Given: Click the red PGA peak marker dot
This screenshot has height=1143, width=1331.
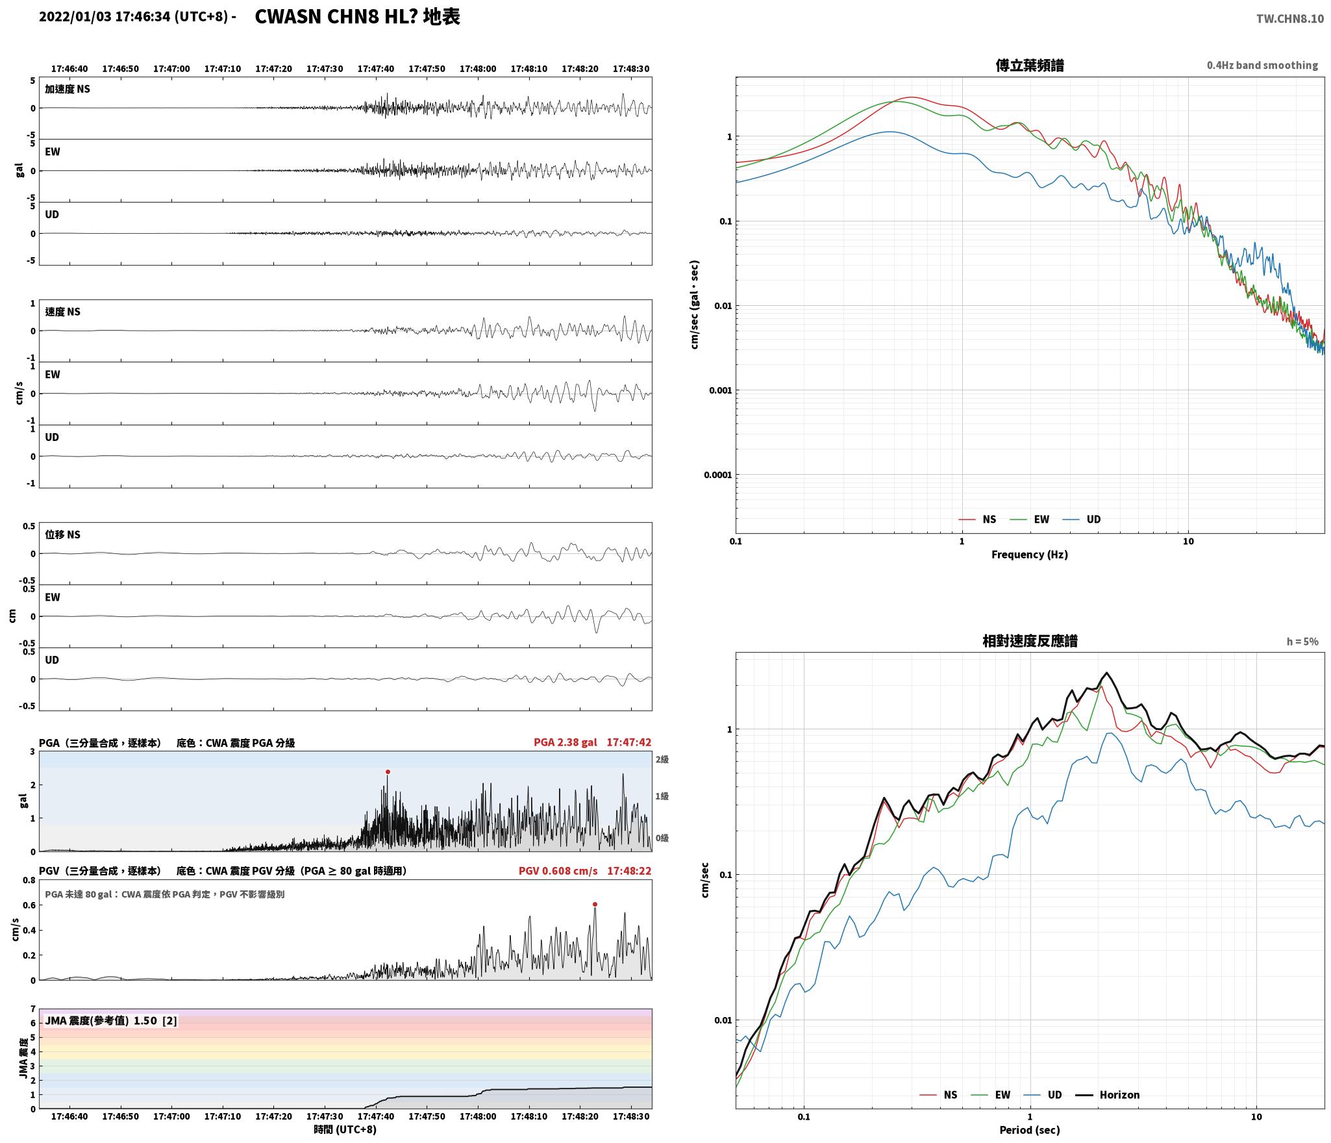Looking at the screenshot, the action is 388,772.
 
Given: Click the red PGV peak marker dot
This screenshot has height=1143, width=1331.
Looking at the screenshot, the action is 595,904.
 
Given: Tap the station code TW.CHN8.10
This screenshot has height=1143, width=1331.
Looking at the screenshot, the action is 1289,19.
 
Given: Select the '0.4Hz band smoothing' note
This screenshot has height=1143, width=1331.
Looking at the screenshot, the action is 1262,66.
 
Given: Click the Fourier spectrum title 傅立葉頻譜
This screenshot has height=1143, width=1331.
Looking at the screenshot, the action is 1030,66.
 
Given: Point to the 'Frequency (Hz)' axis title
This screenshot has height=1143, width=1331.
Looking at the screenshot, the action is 1029,554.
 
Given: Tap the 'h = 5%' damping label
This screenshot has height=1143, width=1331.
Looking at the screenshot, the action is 1302,642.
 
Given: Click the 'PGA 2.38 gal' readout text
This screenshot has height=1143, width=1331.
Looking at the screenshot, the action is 565,742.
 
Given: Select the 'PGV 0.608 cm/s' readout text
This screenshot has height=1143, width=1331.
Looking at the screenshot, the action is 558,870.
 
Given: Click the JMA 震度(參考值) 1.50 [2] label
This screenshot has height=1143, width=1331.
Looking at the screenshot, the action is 110,1020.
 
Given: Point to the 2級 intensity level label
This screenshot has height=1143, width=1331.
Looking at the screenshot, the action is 662,759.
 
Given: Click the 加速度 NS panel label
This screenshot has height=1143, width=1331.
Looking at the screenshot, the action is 68,89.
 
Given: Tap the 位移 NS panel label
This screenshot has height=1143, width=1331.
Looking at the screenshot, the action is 62,534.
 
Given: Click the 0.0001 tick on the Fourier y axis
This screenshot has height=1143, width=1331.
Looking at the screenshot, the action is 717,475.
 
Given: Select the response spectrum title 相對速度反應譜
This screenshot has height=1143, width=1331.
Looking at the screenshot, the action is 1030,641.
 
